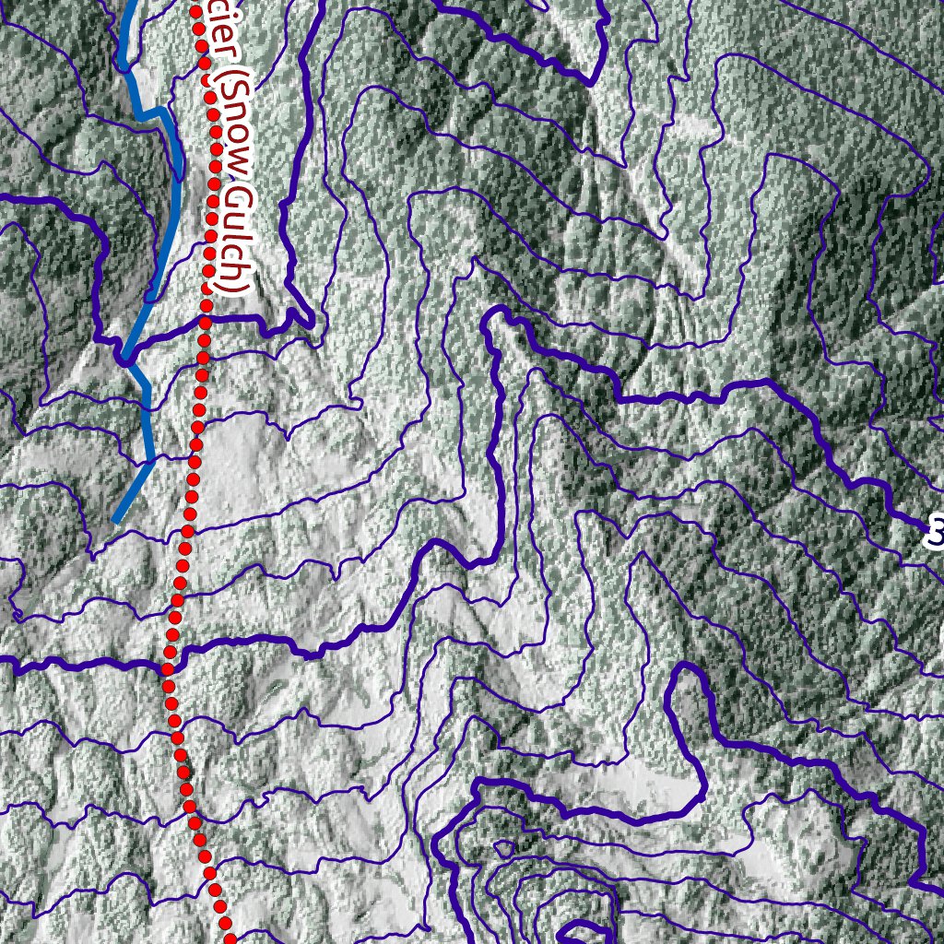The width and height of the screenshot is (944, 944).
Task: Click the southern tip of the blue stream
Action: [x=115, y=522]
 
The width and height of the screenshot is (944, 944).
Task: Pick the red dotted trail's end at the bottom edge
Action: [x=228, y=938]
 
